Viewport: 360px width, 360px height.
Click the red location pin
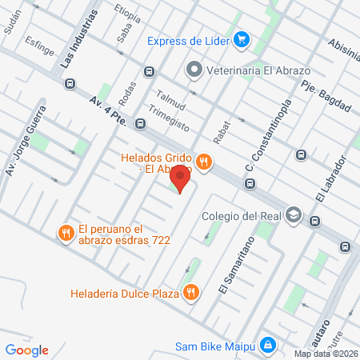(181, 178)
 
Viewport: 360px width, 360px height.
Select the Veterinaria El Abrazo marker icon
(193, 70)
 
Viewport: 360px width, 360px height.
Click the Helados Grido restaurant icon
(205, 162)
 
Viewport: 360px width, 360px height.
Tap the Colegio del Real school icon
(294, 215)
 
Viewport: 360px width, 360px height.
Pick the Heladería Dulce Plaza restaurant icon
(190, 291)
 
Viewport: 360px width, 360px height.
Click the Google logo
(27, 350)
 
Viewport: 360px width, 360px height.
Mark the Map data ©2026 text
(325, 354)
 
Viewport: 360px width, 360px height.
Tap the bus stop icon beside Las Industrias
(70, 82)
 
